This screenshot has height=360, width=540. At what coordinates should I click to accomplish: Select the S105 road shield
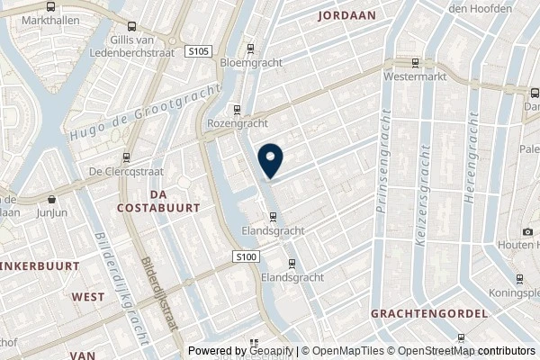click(200, 52)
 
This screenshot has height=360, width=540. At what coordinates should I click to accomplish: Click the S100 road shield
click(248, 257)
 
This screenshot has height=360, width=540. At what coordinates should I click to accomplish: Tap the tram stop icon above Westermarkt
click(415, 62)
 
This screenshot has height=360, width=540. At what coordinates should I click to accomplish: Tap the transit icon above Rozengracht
click(238, 110)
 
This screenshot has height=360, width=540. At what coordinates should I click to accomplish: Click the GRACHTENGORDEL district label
click(428, 313)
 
